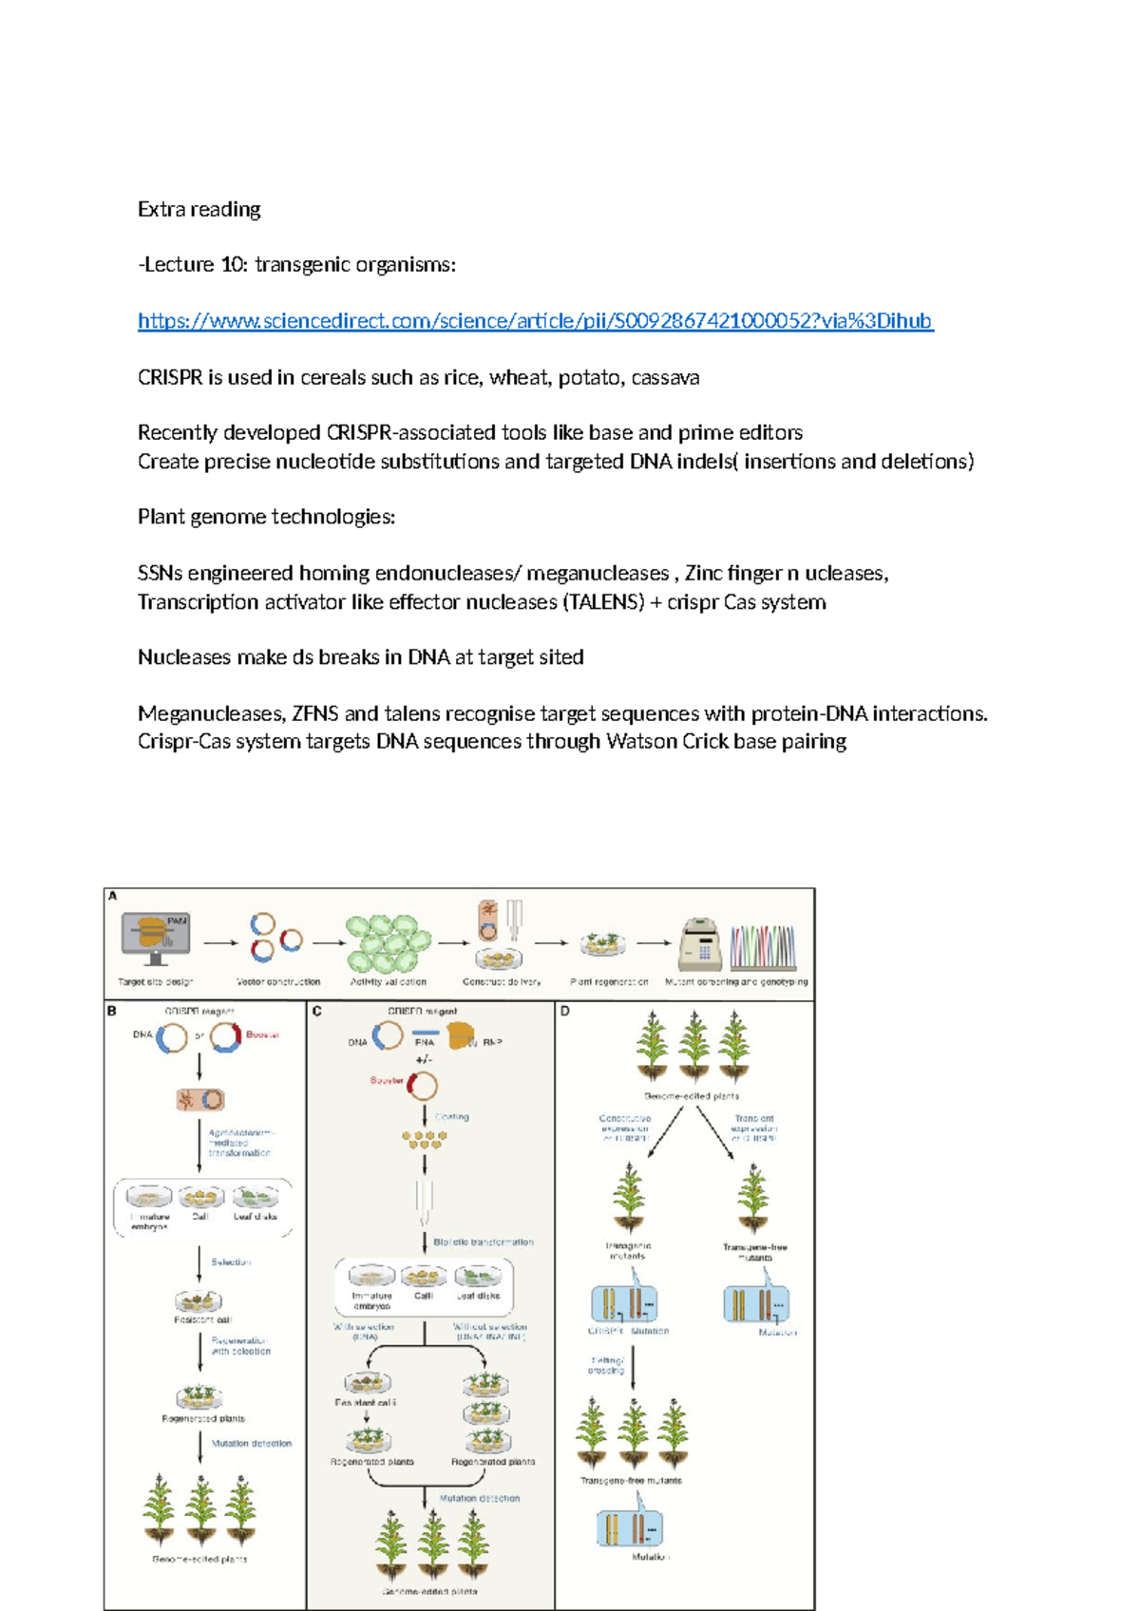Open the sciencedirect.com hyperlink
click(x=535, y=321)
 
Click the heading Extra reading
click(x=199, y=209)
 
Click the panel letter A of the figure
click(x=113, y=896)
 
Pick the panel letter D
click(x=564, y=1011)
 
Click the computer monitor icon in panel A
click(x=155, y=939)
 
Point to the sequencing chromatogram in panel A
click(x=762, y=947)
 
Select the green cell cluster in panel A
click(x=387, y=943)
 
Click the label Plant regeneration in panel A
click(x=609, y=982)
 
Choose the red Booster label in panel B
click(x=262, y=1034)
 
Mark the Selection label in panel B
click(x=231, y=1262)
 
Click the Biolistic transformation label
click(x=483, y=1242)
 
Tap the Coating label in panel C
click(x=452, y=1117)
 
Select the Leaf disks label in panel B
click(x=255, y=1217)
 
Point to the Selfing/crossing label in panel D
click(x=607, y=1365)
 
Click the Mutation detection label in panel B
click(x=252, y=1444)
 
